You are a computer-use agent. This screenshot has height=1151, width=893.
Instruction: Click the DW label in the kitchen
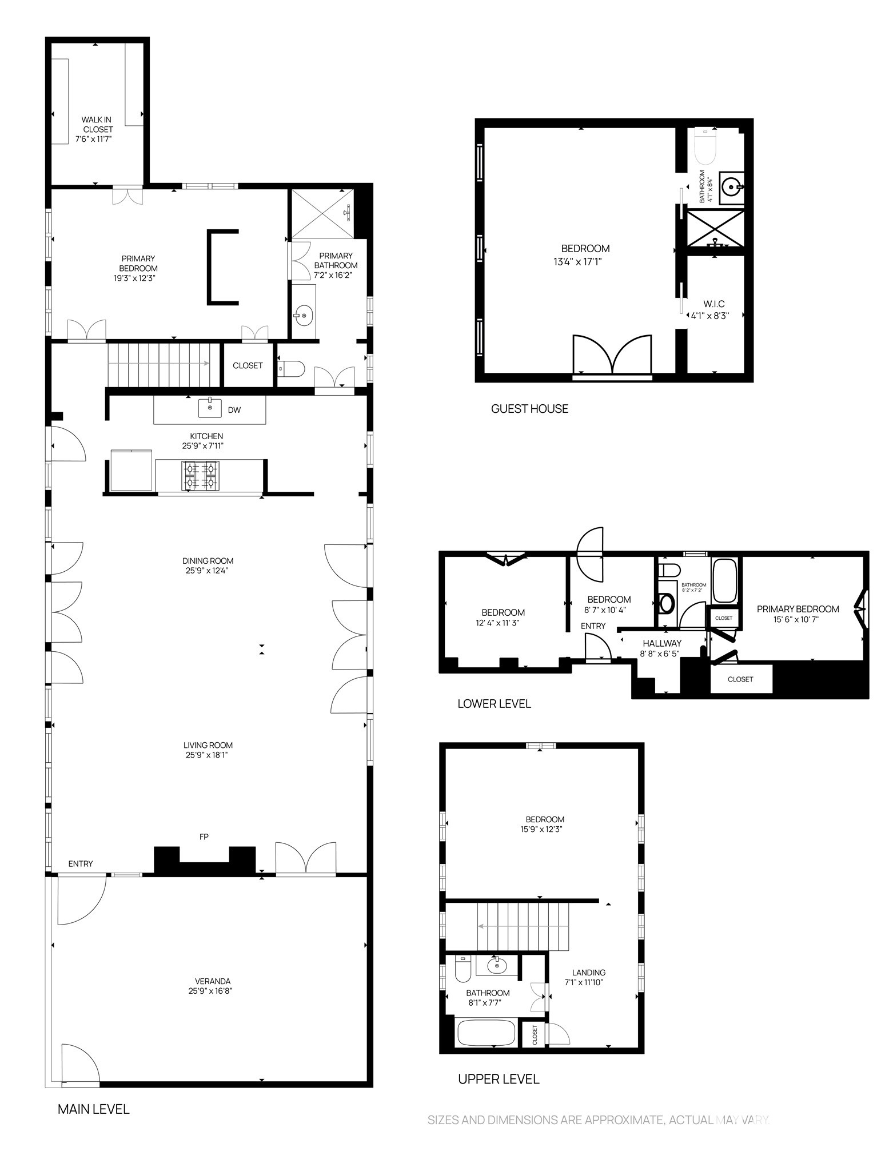[234, 409]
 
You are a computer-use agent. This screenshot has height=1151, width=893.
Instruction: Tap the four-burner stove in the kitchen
[200, 476]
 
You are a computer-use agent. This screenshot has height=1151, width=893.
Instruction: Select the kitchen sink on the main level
[210, 408]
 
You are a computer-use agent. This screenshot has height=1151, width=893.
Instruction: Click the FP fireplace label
[204, 837]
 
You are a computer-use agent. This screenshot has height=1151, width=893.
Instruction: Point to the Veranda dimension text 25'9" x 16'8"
[210, 991]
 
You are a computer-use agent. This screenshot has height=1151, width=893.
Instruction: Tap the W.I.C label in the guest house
[714, 304]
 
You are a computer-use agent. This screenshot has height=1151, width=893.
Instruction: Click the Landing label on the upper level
[588, 972]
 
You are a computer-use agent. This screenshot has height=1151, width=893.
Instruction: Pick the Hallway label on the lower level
[661, 643]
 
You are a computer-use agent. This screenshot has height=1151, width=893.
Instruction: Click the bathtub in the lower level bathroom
[724, 580]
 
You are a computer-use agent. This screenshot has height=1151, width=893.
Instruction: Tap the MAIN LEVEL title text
[93, 1109]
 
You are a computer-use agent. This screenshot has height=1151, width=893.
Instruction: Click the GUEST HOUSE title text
[529, 408]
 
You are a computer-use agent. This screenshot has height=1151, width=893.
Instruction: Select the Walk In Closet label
[97, 124]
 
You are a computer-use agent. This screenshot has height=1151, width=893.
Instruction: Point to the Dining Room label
[208, 560]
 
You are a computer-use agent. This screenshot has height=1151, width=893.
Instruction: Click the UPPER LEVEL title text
[499, 1079]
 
